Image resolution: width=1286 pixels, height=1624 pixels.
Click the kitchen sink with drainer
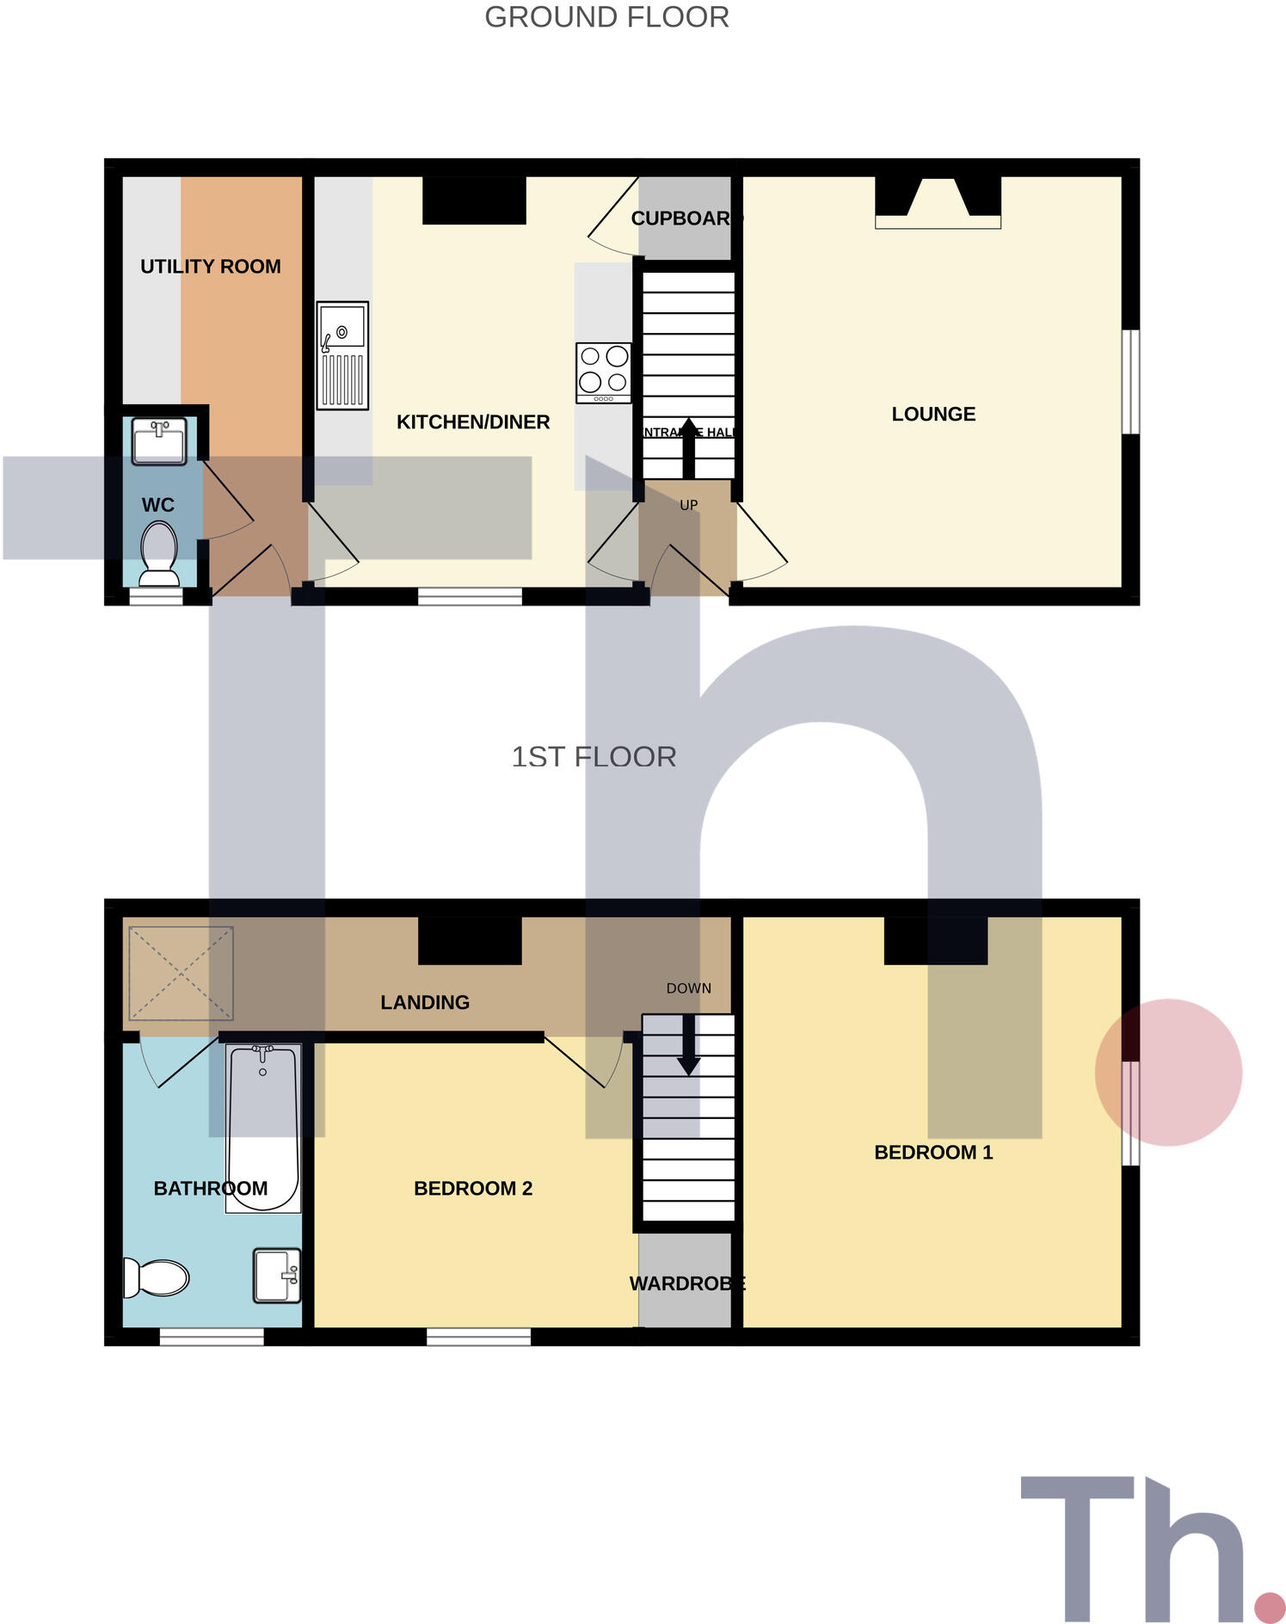pyautogui.click(x=342, y=355)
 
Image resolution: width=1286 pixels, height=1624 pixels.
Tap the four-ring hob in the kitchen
pyautogui.click(x=604, y=372)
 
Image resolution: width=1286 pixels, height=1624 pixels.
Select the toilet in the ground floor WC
pyautogui.click(x=158, y=548)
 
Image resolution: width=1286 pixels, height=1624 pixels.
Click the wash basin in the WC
pyautogui.click(x=159, y=441)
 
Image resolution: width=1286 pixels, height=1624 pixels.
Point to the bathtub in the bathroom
pyautogui.click(x=263, y=1128)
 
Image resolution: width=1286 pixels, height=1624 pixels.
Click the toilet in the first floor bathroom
pyautogui.click(x=156, y=1277)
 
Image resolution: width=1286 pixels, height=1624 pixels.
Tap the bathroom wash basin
pyautogui.click(x=277, y=1275)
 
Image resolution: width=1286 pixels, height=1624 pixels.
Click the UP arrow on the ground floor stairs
pyautogui.click(x=688, y=448)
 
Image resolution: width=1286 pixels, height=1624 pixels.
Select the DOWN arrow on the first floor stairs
pyautogui.click(x=688, y=1045)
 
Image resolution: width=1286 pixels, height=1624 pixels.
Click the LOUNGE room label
pyautogui.click(x=933, y=415)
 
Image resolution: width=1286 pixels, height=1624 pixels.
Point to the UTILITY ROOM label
pyautogui.click(x=211, y=267)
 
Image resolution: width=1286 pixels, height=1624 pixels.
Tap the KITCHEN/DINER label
pyautogui.click(x=473, y=422)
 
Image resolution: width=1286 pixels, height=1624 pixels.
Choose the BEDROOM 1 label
pyautogui.click(x=933, y=1153)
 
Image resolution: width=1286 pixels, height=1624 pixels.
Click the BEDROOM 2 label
pyautogui.click(x=473, y=1189)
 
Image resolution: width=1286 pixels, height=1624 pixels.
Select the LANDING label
pyautogui.click(x=425, y=1002)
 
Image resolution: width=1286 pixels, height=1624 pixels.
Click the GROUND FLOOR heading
pyautogui.click(x=606, y=17)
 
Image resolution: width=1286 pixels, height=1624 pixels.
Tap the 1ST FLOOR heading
pyautogui.click(x=594, y=757)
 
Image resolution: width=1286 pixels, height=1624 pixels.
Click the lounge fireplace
pyautogui.click(x=938, y=203)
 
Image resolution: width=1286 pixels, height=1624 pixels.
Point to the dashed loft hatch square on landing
pyautogui.click(x=181, y=973)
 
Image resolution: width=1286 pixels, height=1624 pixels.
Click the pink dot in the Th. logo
pyautogui.click(x=1270, y=1606)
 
